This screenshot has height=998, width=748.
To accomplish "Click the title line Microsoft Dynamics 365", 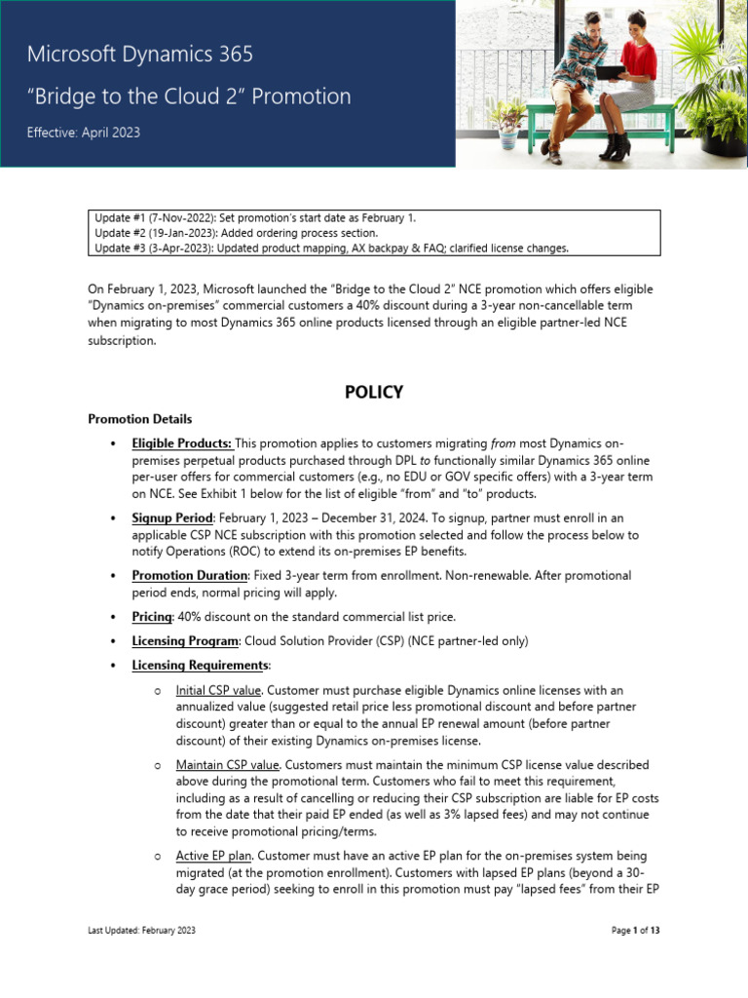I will (140, 55).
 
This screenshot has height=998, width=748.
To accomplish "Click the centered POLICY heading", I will (373, 392).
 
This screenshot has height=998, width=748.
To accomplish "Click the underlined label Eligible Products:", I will (181, 443).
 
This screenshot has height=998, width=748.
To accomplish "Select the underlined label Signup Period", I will (171, 518).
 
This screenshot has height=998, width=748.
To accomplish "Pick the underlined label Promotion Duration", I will (190, 575).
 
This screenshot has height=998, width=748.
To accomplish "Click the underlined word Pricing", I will (152, 617).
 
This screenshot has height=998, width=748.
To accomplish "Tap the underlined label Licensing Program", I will (185, 640).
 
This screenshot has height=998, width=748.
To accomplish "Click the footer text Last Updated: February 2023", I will (141, 931).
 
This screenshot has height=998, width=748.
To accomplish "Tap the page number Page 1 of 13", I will (635, 931).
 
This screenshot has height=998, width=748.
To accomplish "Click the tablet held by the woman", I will (610, 70).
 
